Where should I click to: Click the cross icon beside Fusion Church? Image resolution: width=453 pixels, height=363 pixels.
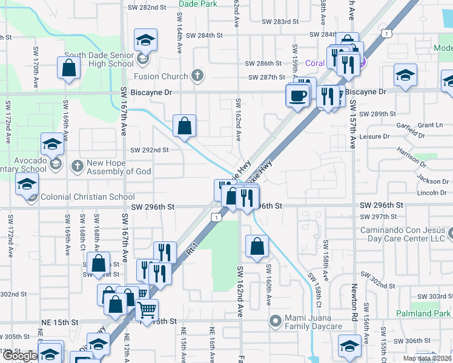[x=196, y=76]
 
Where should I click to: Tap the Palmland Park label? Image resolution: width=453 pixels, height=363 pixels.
[x=423, y=313]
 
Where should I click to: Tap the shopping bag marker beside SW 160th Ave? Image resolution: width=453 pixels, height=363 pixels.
[x=257, y=246]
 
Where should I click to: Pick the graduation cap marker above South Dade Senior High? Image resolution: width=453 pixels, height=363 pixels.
[x=145, y=41]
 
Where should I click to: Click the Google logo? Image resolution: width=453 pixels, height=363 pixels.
[x=19, y=356]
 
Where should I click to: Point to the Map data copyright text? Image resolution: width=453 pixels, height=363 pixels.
[x=427, y=358]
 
